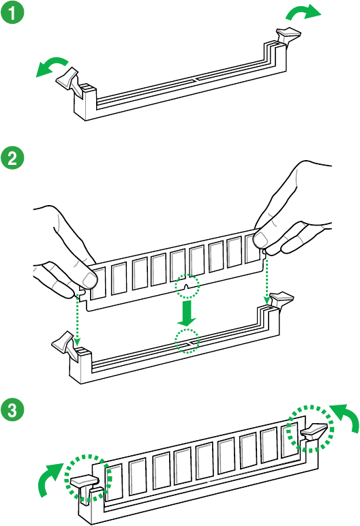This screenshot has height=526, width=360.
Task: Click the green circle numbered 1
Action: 12,13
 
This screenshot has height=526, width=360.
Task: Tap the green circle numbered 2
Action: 12,157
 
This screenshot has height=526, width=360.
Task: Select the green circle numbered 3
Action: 12,409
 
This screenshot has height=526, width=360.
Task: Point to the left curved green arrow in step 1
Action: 52,65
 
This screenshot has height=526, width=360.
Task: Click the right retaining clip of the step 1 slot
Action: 288,35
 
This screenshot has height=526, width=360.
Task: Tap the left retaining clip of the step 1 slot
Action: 70,80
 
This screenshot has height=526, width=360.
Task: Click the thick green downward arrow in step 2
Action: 187,313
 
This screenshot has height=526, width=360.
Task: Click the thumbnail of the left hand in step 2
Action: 89,279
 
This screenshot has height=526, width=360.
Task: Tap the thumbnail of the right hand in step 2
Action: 260,239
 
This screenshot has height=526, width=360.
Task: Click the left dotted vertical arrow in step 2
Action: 77,320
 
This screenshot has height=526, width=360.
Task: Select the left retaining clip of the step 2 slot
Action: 65,345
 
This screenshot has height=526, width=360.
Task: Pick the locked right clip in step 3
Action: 314,432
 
